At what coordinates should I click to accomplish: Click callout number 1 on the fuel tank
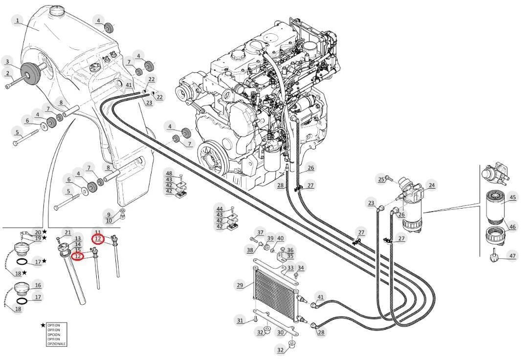coord(18,21)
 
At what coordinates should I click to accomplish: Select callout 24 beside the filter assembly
coord(432,185)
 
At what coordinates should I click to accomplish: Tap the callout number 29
coord(240,285)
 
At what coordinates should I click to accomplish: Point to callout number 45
coord(512,197)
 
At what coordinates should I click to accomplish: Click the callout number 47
coord(512,256)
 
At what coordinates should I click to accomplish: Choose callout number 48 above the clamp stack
coord(169,173)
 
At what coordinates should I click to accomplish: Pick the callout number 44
coord(220,209)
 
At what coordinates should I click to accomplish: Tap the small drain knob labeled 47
coord(494,258)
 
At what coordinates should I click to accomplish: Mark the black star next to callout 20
coord(44,232)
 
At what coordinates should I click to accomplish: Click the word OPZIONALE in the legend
coord(54,344)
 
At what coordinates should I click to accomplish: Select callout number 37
coord(260,233)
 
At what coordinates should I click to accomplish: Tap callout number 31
coord(240,320)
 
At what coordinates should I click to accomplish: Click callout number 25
coord(381,179)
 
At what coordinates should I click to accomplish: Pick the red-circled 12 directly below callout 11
coord(98,239)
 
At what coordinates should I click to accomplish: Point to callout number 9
coord(109,214)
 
